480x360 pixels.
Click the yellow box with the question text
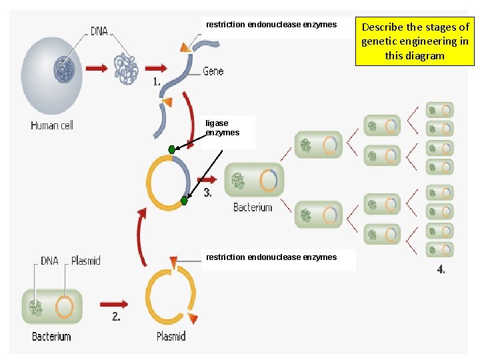click(415, 41)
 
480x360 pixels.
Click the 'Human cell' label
click(52, 125)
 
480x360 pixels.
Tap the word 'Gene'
click(213, 71)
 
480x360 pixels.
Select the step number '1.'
click(157, 82)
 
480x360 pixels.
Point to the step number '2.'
click(116, 317)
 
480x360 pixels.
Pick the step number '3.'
click(207, 193)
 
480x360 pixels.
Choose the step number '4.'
click(441, 269)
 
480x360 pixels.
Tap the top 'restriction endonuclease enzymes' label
click(271, 25)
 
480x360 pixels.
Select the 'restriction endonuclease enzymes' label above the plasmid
click(271, 257)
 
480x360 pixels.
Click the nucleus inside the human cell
click(65, 69)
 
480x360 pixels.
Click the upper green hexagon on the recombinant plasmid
click(172, 149)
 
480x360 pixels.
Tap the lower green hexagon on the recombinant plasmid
click(185, 200)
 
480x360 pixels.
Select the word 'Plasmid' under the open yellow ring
click(171, 337)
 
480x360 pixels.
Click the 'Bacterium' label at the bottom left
click(51, 337)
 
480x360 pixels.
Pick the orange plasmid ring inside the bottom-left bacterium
click(65, 307)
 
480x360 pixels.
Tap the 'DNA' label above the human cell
click(99, 31)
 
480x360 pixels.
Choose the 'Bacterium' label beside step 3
click(253, 208)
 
